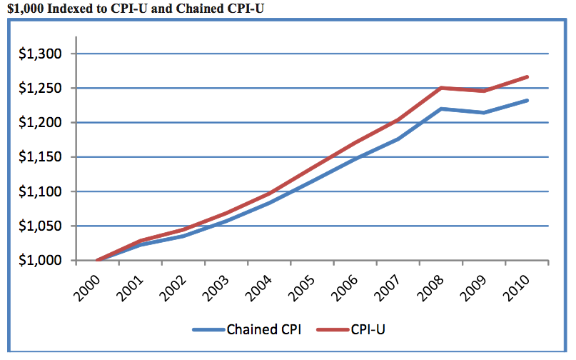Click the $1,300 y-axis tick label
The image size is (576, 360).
click(x=41, y=54)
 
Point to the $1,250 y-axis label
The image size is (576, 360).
click(x=41, y=89)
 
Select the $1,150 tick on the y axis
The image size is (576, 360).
click(x=41, y=157)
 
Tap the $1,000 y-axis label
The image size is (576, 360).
click(x=41, y=261)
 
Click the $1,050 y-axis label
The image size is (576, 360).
click(x=41, y=226)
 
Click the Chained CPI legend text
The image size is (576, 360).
click(x=263, y=330)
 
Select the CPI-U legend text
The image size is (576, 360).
click(x=369, y=330)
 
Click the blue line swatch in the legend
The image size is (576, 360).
click(x=208, y=331)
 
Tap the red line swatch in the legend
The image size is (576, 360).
click(x=330, y=331)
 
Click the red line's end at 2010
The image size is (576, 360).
click(x=527, y=76)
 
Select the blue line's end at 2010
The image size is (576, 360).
click(x=527, y=100)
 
